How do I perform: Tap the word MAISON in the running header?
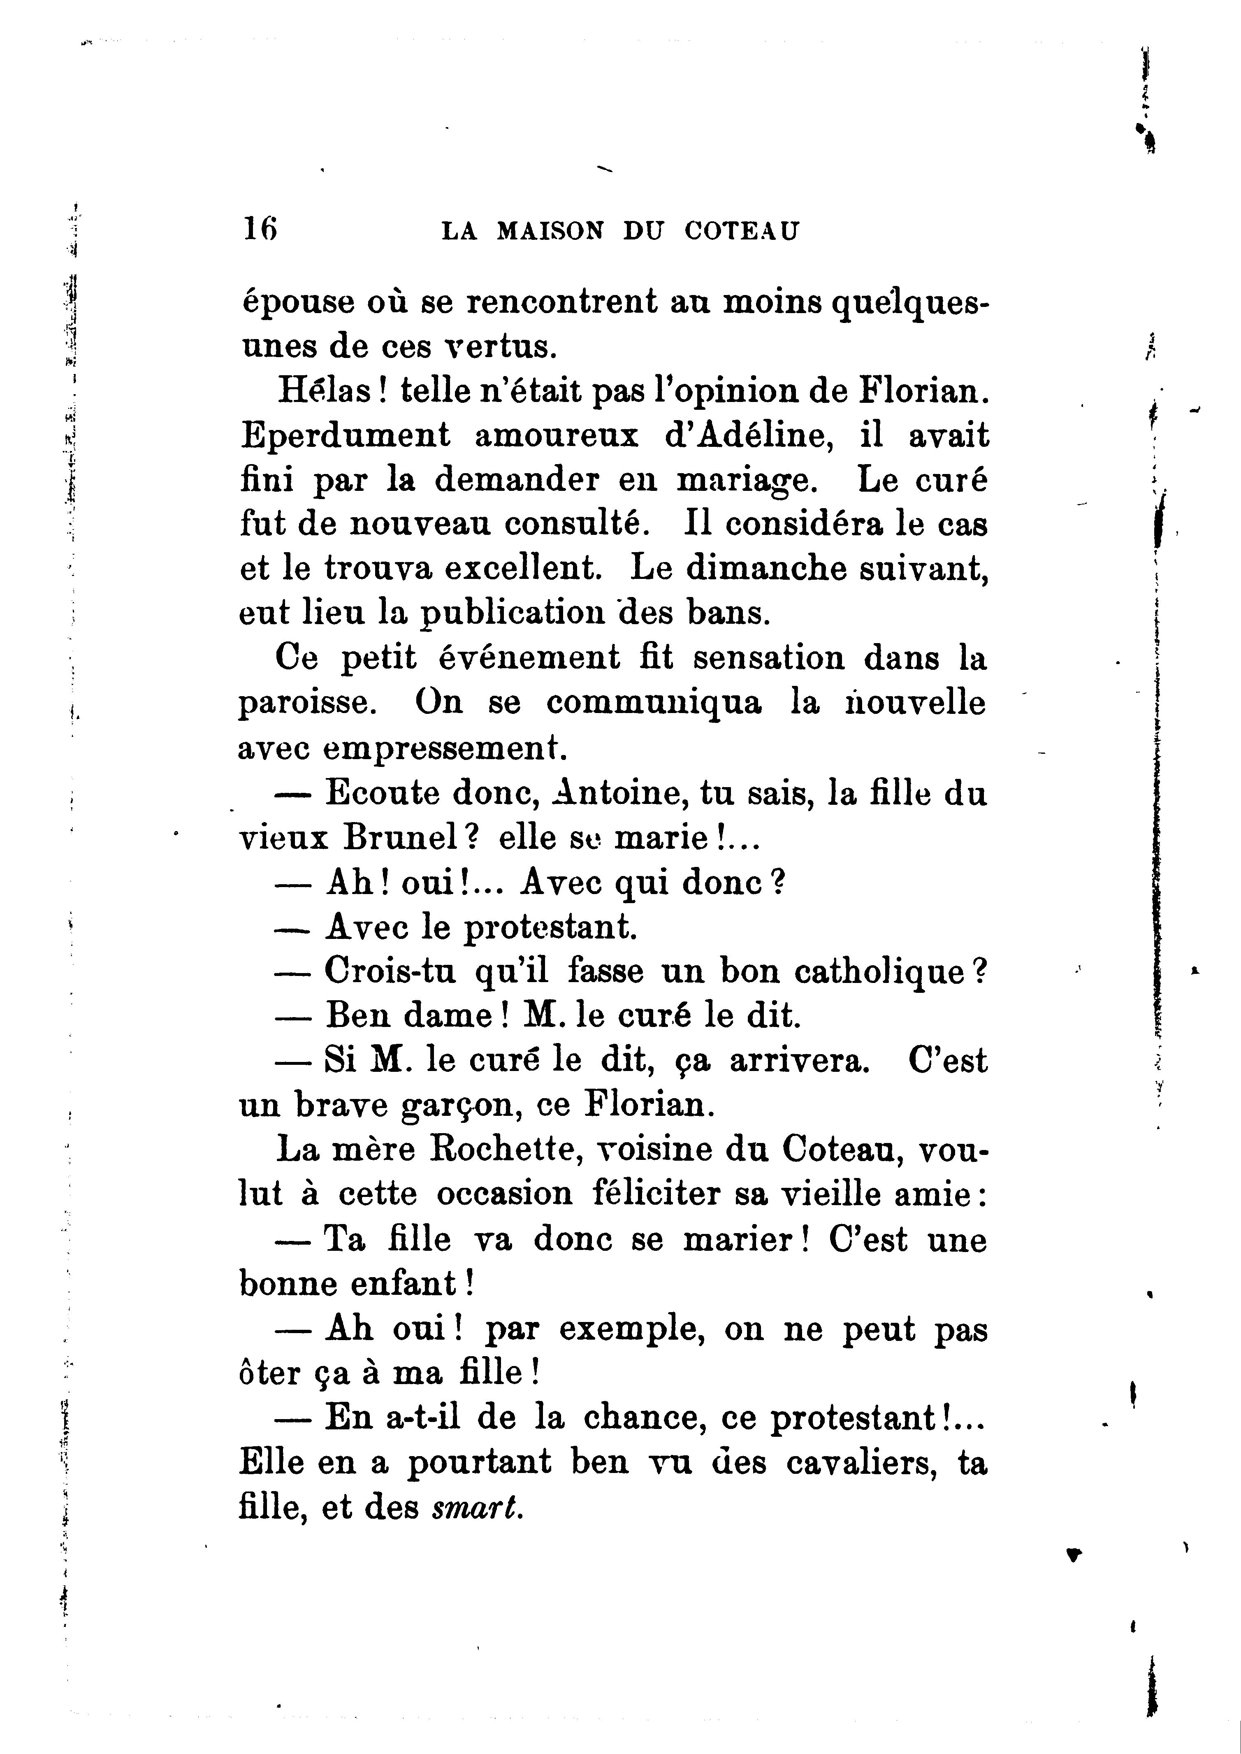(551, 231)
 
